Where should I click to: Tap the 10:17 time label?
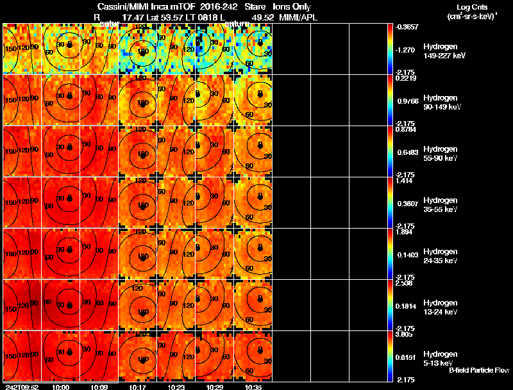pos(138,387)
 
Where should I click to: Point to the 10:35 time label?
pos(253,387)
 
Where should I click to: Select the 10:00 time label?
pos(60,387)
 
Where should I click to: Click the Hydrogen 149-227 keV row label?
pos(443,52)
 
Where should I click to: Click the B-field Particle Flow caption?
pos(478,370)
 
